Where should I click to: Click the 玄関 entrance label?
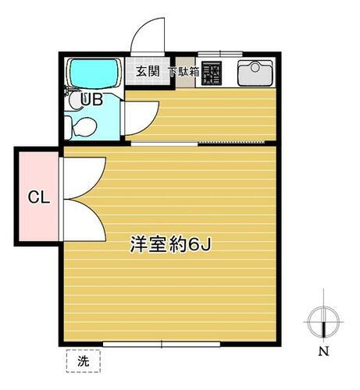148,72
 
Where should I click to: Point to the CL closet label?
39,197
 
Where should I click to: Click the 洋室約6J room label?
171,243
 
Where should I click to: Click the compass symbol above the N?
322,321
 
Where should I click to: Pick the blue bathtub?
92,73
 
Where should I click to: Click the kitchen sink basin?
254,73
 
